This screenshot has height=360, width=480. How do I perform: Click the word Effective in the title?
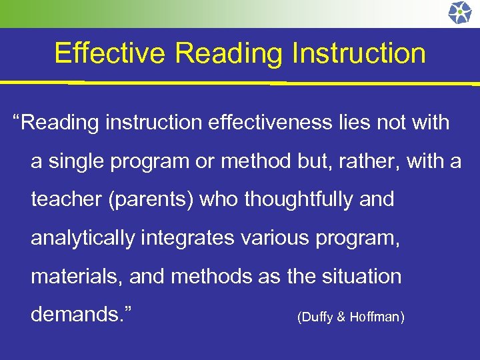pos(109,53)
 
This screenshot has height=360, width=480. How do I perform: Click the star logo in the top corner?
pos(459,13)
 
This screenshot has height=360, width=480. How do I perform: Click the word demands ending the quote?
pos(81,314)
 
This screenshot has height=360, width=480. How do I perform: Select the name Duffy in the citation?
pos(317,317)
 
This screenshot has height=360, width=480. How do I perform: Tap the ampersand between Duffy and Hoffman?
pos(341,317)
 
